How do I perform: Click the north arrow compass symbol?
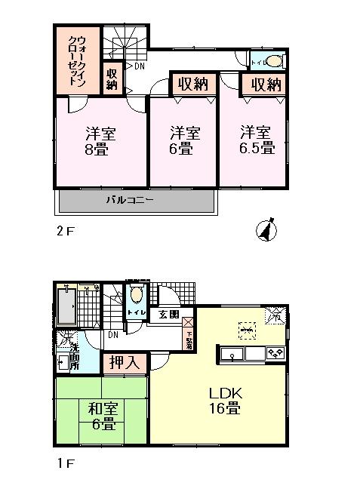[266, 229]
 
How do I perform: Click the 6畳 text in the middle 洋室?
[184, 149]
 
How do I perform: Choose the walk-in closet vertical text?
[77, 61]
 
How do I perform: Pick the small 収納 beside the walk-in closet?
[112, 78]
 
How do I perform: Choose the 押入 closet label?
[125, 363]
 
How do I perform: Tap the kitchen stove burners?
[272, 352]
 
